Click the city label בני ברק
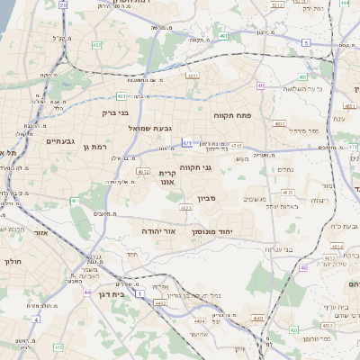112,115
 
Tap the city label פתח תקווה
231,116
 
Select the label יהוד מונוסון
213,231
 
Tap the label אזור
41,232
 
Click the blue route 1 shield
139,293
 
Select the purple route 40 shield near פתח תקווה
260,86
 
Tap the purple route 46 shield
303,267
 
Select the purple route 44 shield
86,292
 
